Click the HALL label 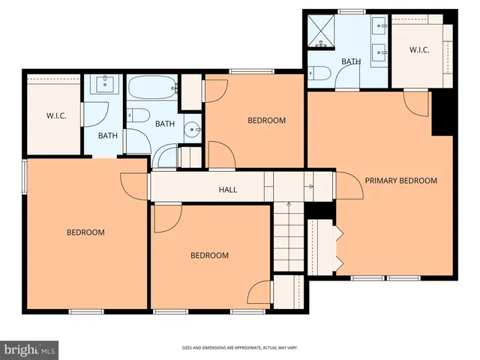coord(228,190)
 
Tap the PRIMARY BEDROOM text coord(400,181)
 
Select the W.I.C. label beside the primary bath coord(419,50)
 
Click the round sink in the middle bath coord(193,130)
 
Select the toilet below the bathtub coord(137,116)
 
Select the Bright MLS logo coord(30,349)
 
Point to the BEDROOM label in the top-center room coord(267,121)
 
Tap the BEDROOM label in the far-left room coord(85,232)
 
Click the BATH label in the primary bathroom coord(351,61)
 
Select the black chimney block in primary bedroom coord(443,112)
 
